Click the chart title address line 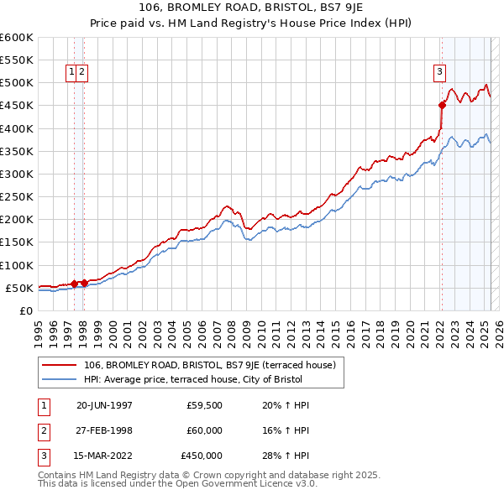point(252,7)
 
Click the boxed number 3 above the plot point(439,72)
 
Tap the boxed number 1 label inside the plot point(72,72)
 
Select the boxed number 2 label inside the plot point(82,72)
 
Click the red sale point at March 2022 point(442,105)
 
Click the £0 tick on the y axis point(26,310)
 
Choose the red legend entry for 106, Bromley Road point(210,365)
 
